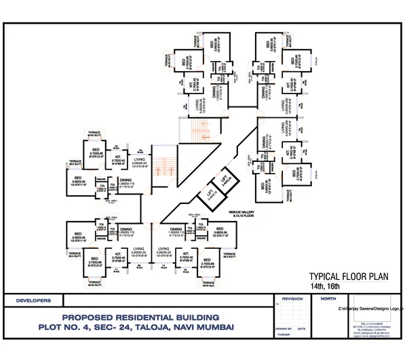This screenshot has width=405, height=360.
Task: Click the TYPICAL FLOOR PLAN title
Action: [347, 277]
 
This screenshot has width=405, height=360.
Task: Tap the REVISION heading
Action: [292, 298]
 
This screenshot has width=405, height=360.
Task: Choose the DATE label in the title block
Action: [302, 328]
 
